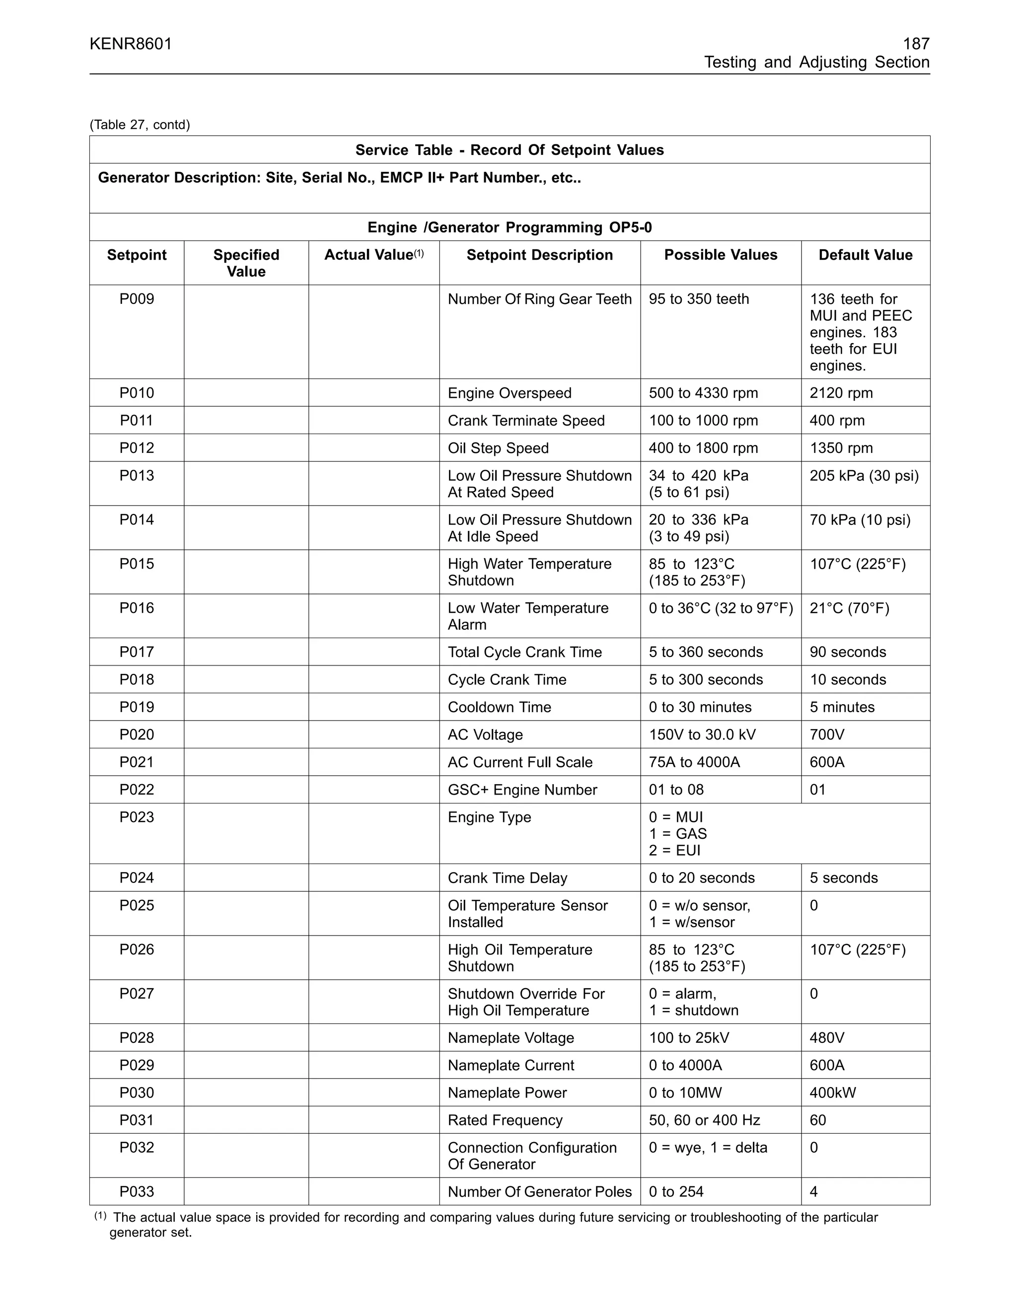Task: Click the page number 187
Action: (x=916, y=44)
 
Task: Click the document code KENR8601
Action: (x=131, y=44)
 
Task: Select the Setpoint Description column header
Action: (x=539, y=255)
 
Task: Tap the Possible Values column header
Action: (x=721, y=255)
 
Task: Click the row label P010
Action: (x=137, y=393)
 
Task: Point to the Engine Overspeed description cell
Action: (x=509, y=393)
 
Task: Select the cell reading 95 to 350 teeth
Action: (x=699, y=299)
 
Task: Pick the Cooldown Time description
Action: (x=499, y=707)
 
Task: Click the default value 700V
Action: (x=827, y=734)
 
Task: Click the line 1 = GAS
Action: (x=678, y=834)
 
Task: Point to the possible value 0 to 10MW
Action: (x=685, y=1093)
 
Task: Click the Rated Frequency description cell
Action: (x=505, y=1120)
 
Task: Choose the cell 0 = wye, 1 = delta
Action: (x=708, y=1147)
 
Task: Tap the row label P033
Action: (x=137, y=1191)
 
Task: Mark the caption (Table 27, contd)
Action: (x=140, y=125)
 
